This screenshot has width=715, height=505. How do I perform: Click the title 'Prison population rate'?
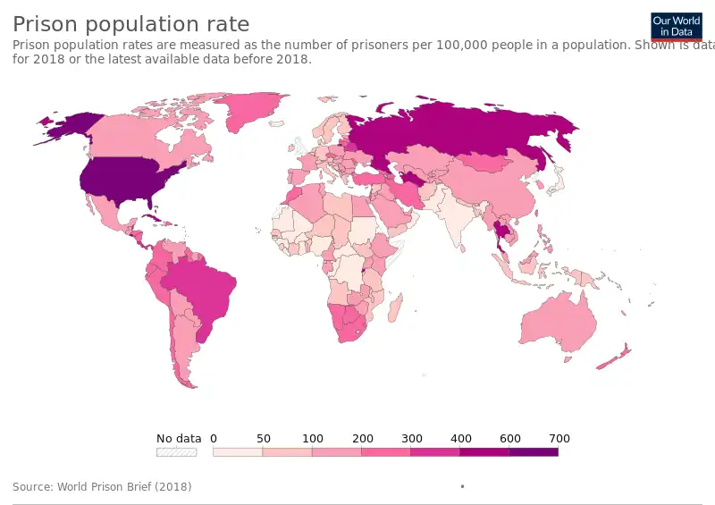click(131, 24)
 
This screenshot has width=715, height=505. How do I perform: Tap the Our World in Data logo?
click(677, 26)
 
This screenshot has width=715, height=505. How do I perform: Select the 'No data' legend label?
click(179, 438)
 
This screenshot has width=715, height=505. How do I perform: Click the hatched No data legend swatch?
click(176, 452)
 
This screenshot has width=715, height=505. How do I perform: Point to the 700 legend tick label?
click(559, 438)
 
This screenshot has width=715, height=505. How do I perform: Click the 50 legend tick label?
click(263, 438)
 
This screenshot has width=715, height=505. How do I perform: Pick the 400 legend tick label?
click(460, 438)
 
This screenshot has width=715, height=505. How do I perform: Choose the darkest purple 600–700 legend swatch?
click(534, 452)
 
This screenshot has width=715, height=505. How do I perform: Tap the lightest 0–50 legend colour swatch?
click(238, 452)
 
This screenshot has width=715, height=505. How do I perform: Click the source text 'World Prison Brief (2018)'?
click(123, 487)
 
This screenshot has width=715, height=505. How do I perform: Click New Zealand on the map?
click(615, 357)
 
